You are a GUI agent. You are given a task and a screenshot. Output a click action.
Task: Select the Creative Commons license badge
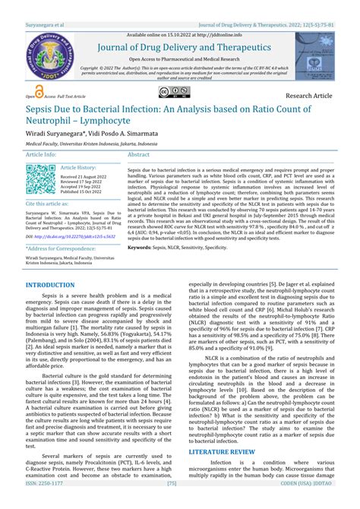pos(173,92)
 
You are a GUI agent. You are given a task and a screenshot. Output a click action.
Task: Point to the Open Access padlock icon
pos(30,95)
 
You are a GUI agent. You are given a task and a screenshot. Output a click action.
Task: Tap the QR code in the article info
pos(40,181)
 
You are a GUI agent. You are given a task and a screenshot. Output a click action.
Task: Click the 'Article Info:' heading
pos(41,153)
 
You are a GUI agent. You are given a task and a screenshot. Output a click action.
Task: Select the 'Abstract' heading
pos(139,153)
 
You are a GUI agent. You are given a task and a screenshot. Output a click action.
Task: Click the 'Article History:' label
pos(78,166)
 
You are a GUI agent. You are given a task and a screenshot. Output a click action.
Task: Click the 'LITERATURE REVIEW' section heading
pos(222,451)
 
